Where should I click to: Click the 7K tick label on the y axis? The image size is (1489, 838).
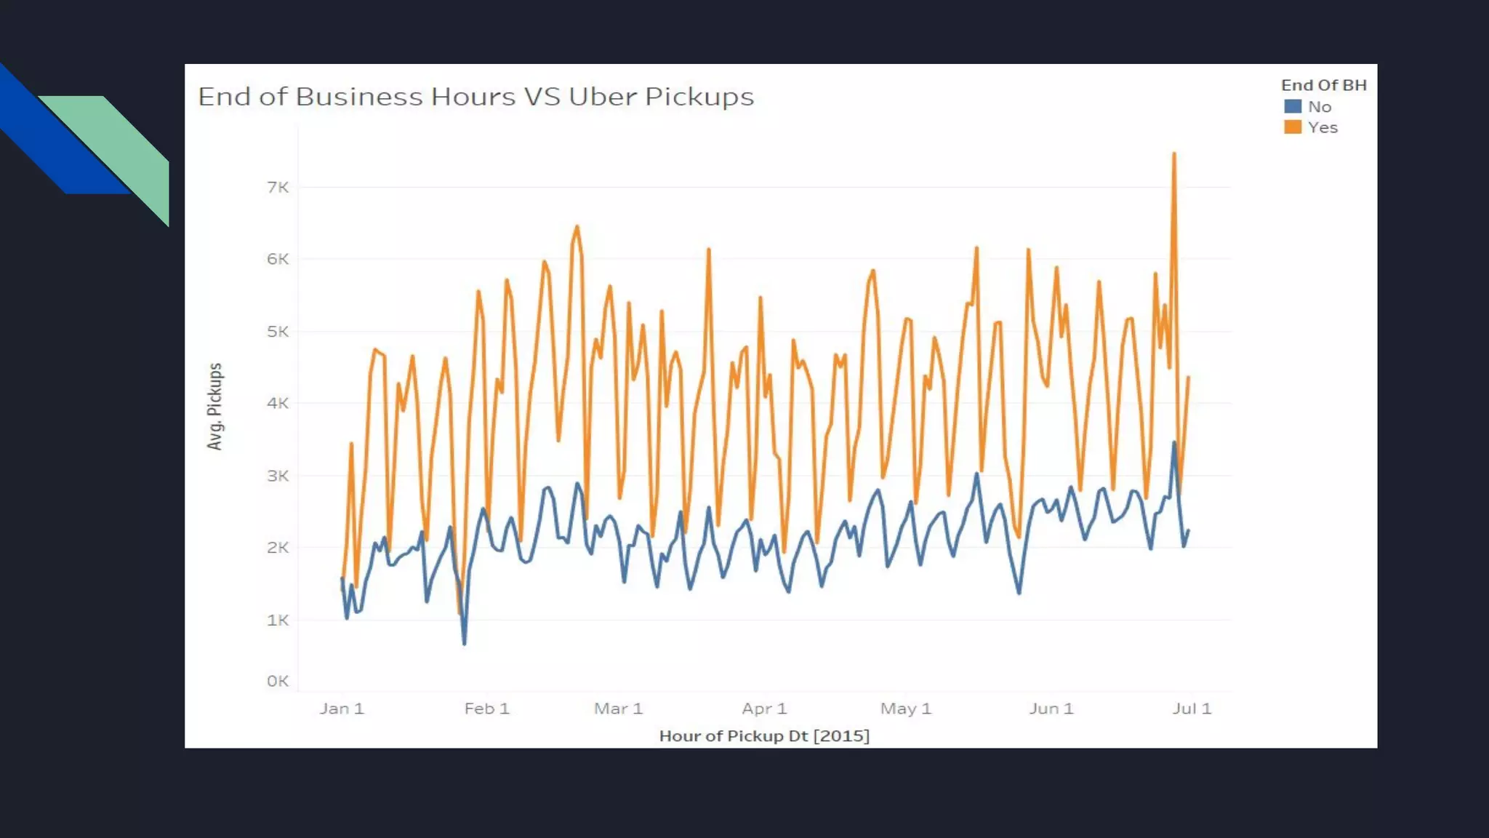(278, 188)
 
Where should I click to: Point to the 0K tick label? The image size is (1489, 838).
(278, 682)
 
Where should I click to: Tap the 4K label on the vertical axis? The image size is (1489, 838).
(278, 403)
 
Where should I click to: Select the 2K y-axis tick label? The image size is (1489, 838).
(278, 548)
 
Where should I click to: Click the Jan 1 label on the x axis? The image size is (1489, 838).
(342, 709)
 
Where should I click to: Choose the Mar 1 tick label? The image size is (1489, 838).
(619, 709)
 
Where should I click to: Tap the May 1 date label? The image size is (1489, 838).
(906, 709)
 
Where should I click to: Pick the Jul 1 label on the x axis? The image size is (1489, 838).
(1192, 709)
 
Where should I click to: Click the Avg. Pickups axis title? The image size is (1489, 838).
(214, 406)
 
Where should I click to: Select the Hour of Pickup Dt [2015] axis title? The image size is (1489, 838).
(764, 736)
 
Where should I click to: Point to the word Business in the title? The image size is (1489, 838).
(358, 97)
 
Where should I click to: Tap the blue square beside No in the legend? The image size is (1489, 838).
(1293, 107)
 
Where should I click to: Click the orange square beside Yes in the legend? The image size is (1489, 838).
(1293, 127)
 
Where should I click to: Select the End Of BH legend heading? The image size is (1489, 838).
(1323, 85)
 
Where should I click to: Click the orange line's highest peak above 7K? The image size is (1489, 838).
(1173, 153)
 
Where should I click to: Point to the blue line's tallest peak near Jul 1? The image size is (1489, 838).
(1174, 442)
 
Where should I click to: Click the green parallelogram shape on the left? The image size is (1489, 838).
(116, 145)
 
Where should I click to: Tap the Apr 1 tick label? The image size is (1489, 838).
(764, 709)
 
